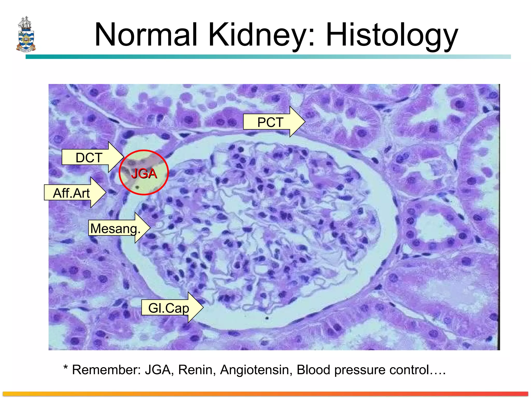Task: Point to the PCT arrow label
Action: (270, 122)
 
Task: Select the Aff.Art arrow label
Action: (71, 193)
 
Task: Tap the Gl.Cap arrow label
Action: (169, 308)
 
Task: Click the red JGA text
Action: (144, 173)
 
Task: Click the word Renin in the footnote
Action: (197, 369)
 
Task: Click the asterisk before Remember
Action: (66, 367)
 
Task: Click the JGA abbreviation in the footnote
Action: (157, 369)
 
